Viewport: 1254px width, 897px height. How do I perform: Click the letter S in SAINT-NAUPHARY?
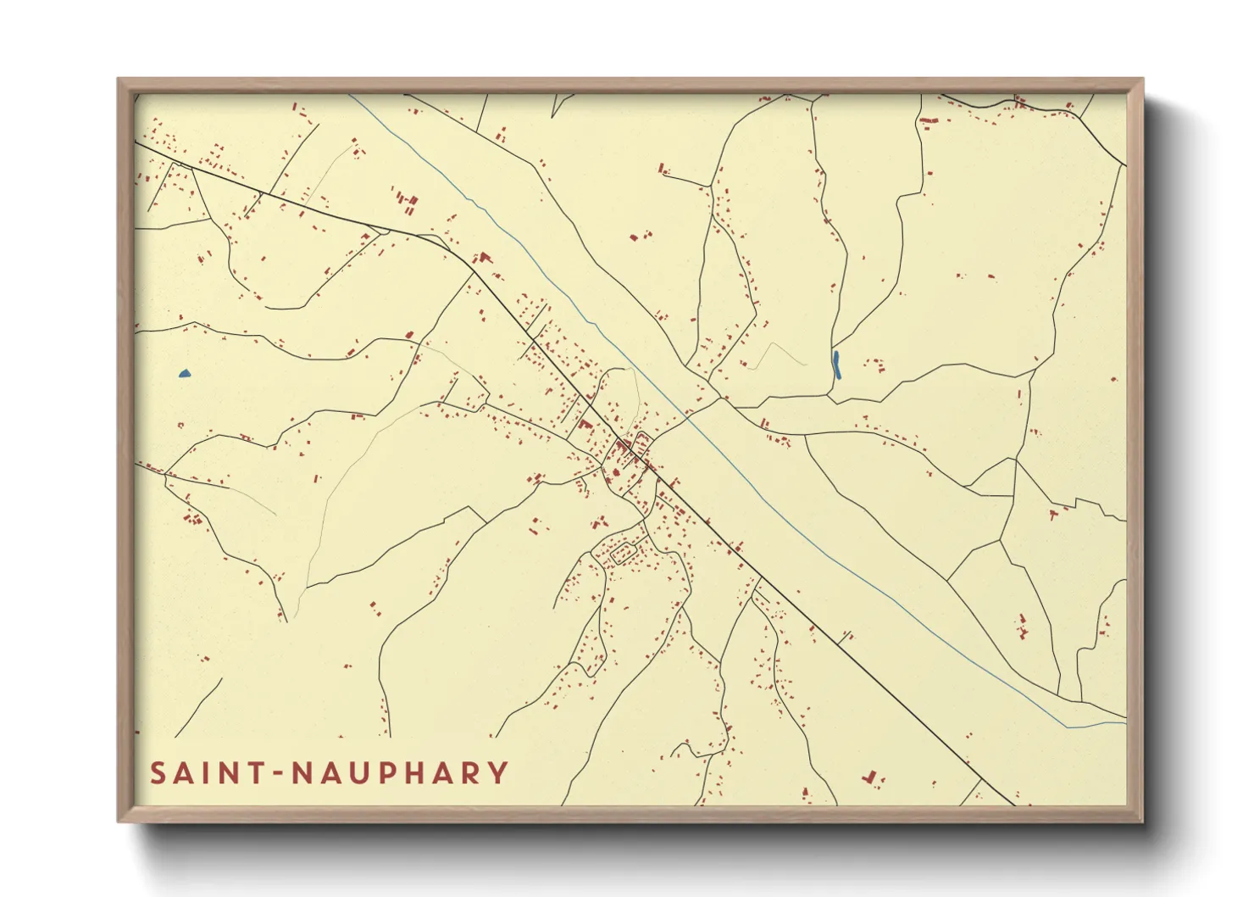[158, 773]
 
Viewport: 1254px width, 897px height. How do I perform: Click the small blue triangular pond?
[185, 373]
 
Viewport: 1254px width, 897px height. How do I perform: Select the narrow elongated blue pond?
[836, 365]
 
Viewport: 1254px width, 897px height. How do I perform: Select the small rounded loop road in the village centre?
[641, 443]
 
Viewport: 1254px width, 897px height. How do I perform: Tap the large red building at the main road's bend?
[485, 256]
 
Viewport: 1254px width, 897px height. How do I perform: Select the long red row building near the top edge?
[929, 122]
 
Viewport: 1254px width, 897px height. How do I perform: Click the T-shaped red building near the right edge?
[1055, 513]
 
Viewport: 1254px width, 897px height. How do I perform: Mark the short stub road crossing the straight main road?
[846, 636]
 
